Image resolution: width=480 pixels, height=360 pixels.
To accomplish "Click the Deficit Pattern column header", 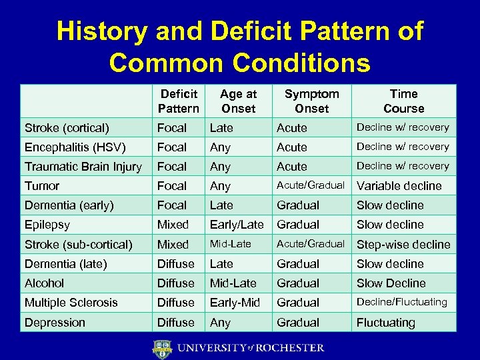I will point(178,101).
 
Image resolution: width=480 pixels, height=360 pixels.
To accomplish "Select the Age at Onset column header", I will point(238,101).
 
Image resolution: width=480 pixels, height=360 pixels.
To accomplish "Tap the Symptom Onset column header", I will point(311,101).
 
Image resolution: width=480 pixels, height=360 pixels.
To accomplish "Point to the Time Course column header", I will point(403,101).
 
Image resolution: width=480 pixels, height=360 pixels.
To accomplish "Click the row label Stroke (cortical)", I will point(67,127).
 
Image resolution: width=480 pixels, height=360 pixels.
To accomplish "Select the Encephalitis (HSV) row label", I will point(75,147).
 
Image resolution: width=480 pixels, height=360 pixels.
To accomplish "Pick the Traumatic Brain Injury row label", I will point(83,167).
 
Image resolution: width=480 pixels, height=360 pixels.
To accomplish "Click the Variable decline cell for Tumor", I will point(399,186).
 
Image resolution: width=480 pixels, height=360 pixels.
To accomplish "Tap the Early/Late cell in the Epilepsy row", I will point(237,225).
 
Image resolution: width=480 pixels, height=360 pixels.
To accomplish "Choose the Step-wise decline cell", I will point(403,245).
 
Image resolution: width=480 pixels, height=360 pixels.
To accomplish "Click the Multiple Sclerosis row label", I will point(71,303).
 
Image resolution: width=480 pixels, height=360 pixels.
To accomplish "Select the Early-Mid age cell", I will point(235,303).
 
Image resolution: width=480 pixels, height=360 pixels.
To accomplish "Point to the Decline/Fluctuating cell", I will point(401,302).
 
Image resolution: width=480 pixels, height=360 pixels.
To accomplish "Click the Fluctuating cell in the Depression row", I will point(385,323).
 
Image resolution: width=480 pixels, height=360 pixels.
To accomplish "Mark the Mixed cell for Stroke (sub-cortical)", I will point(173,245).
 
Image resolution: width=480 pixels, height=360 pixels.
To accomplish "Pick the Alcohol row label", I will point(44,283).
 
